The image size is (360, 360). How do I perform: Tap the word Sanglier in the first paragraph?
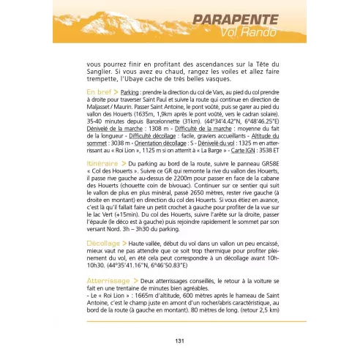99,72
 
